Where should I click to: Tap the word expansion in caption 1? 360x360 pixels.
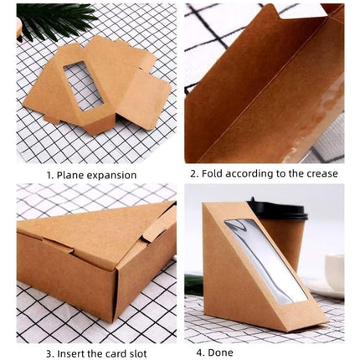click(x=124, y=176)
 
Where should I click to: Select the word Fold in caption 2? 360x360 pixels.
click(x=213, y=174)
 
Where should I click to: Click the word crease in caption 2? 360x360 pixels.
click(x=319, y=174)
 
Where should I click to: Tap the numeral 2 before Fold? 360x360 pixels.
click(x=193, y=174)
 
